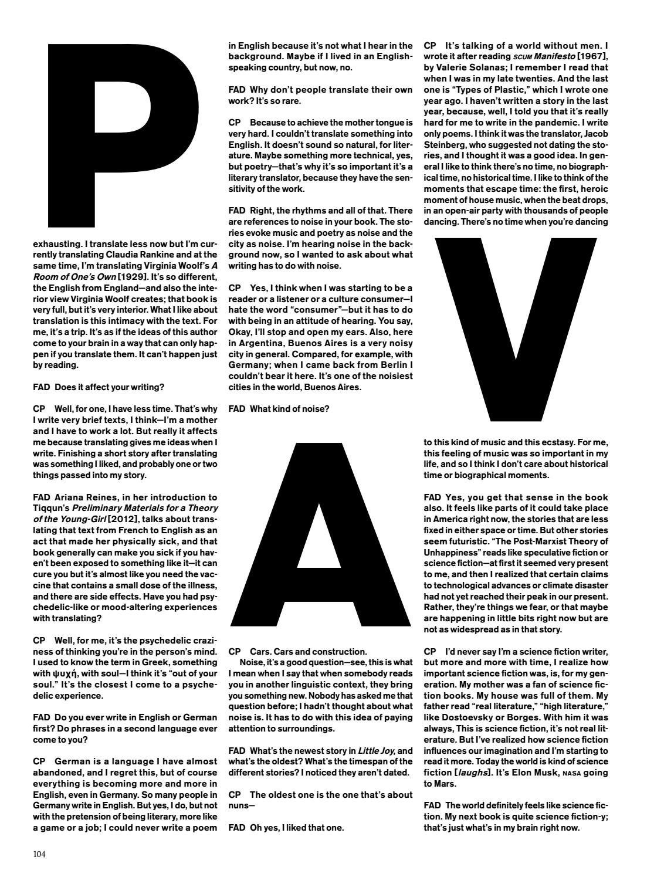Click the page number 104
tap(39, 854)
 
